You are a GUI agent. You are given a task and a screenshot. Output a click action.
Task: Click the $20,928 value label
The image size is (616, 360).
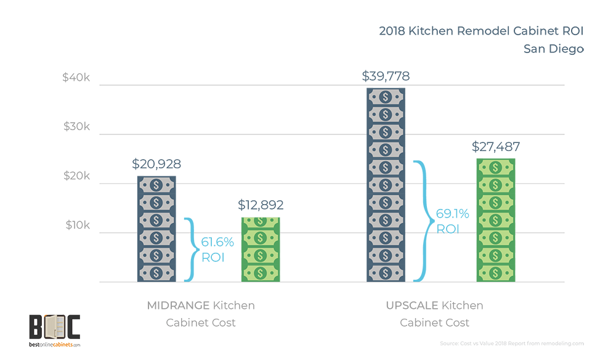coord(156,165)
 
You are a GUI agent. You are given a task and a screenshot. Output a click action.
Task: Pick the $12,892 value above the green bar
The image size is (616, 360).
coord(260,205)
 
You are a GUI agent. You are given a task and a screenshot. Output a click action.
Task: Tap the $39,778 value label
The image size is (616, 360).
coord(386,76)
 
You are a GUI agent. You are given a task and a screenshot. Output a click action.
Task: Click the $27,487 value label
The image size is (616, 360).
coord(496,147)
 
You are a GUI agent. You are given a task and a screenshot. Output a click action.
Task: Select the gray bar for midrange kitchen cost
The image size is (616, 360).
coord(156,229)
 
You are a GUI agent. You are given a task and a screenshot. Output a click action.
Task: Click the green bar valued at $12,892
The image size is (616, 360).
coord(261,250)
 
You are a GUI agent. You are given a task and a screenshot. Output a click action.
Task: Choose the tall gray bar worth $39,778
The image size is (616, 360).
coord(386,185)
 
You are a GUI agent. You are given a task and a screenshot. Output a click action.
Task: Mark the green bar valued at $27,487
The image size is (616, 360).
coord(496,220)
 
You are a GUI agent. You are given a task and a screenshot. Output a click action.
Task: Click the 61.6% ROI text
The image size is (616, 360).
coord(212,250)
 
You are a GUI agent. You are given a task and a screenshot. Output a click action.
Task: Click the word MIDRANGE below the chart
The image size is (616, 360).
coord(178,305)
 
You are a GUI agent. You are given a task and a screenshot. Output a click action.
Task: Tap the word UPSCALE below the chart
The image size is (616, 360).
coord(411,305)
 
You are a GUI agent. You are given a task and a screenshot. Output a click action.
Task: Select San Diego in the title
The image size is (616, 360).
coord(553,49)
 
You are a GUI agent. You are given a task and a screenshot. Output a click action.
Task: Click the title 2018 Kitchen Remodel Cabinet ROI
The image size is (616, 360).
coord(480,31)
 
